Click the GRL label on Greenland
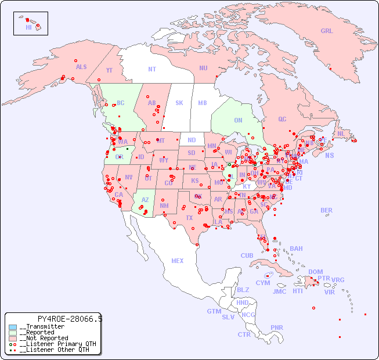tap(327, 31)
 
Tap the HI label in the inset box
tap(28, 27)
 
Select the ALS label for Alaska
tap(81, 67)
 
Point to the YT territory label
tap(109, 70)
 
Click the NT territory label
tap(151, 69)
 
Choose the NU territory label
tap(203, 68)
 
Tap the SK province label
tap(179, 103)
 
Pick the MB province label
tap(203, 103)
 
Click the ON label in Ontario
tap(238, 120)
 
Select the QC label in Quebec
tap(282, 119)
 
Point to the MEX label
tap(178, 261)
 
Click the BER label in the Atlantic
tap(327, 210)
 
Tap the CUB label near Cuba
tap(247, 255)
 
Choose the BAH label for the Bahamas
tap(296, 249)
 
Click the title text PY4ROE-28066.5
tap(70, 319)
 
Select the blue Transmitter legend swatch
tap(13, 327)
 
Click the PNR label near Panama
tap(277, 327)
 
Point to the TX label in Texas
tap(189, 218)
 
